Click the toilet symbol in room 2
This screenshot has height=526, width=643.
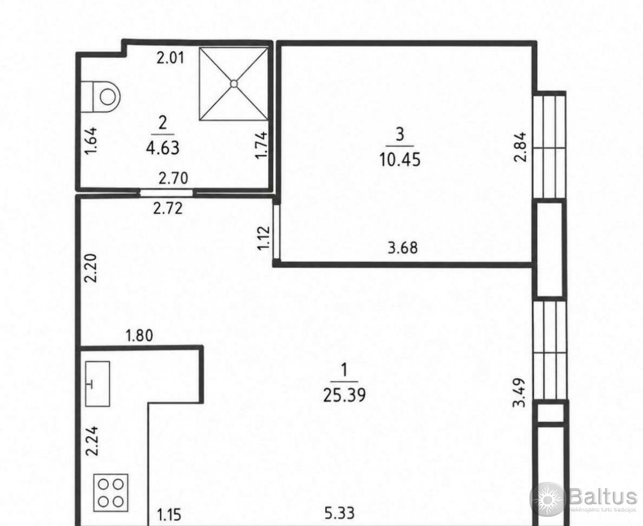click(x=101, y=97)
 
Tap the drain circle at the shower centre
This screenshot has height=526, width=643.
click(x=234, y=83)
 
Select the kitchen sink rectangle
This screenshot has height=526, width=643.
click(x=98, y=384)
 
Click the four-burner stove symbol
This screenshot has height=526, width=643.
click(x=111, y=492)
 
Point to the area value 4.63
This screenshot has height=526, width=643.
click(x=163, y=148)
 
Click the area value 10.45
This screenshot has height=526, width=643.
click(x=400, y=159)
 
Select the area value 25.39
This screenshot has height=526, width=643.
click(x=344, y=396)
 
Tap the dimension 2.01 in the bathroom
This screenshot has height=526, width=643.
click(x=171, y=58)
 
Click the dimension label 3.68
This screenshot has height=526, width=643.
click(x=402, y=248)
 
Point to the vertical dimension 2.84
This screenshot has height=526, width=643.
click(x=520, y=147)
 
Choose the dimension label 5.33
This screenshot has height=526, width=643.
click(x=339, y=513)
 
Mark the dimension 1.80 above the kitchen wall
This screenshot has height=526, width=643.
click(x=139, y=336)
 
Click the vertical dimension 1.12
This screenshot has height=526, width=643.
click(x=264, y=238)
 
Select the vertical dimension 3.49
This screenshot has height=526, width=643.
click(x=520, y=393)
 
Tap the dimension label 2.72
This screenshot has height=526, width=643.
click(x=168, y=208)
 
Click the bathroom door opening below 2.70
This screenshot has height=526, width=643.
click(x=166, y=193)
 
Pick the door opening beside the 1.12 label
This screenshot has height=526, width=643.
click(x=276, y=232)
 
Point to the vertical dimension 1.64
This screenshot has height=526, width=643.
click(x=92, y=141)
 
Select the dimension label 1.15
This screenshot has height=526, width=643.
click(x=169, y=514)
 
